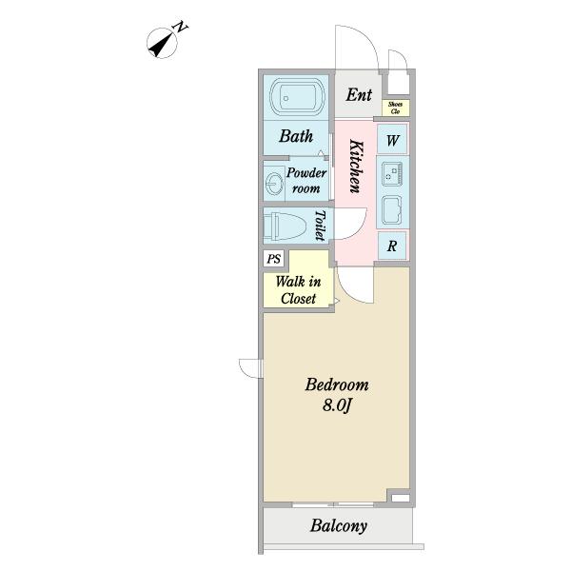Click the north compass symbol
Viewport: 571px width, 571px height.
click(166, 42)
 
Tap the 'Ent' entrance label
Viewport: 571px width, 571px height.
click(359, 94)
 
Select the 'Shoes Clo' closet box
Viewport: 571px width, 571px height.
click(394, 108)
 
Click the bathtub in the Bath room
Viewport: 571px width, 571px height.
click(297, 98)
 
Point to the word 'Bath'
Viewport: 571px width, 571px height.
click(296, 136)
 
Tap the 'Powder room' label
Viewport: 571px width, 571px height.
click(306, 181)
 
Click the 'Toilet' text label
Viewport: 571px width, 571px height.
click(321, 227)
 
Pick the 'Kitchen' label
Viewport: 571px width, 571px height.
click(354, 167)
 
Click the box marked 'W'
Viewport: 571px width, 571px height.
click(392, 142)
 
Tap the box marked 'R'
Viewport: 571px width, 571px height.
click(392, 245)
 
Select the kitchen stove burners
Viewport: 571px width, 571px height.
click(392, 173)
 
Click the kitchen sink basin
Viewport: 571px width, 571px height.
click(392, 208)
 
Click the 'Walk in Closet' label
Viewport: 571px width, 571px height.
click(297, 290)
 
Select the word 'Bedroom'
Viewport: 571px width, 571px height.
click(336, 385)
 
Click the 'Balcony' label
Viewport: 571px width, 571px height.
click(339, 526)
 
